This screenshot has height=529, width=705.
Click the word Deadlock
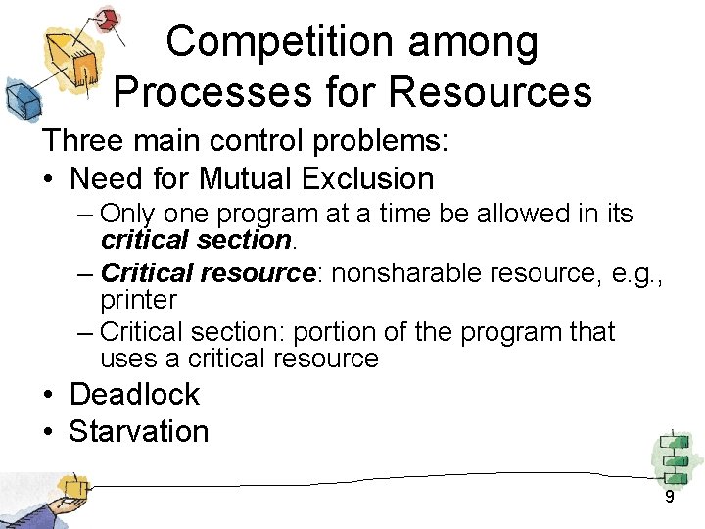point(134,394)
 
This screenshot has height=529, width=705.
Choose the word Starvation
point(139,431)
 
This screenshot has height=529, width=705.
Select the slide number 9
point(670,497)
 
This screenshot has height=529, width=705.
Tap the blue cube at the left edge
point(21,98)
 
